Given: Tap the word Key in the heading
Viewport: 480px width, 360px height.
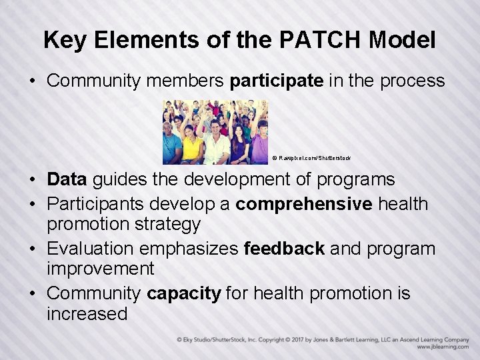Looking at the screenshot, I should click(x=64, y=40).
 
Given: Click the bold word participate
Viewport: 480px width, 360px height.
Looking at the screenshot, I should click(x=277, y=81).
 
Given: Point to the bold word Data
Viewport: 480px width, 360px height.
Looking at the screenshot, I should click(x=67, y=180).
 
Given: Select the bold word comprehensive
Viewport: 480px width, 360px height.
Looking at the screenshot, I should click(x=303, y=203).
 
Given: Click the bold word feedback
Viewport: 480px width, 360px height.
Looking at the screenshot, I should click(x=285, y=249).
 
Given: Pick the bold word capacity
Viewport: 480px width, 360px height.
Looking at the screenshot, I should click(x=184, y=294).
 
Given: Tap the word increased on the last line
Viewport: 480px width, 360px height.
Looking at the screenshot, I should click(x=87, y=314).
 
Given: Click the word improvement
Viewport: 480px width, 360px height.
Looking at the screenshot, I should click(x=100, y=269).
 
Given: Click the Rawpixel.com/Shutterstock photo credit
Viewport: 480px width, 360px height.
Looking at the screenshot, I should click(x=311, y=158).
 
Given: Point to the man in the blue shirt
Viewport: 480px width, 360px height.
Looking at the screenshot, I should click(x=171, y=147).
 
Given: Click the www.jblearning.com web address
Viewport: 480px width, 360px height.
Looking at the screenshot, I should click(x=443, y=347).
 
